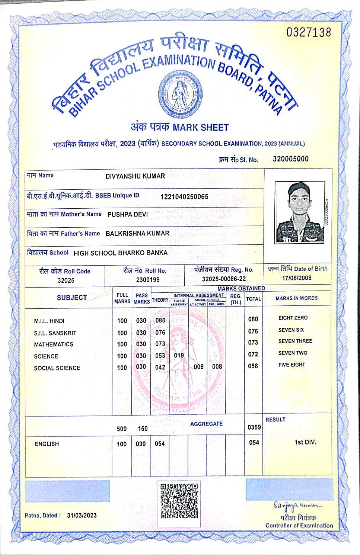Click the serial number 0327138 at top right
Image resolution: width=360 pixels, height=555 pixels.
(309, 32)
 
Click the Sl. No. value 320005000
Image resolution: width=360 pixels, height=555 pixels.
(290, 159)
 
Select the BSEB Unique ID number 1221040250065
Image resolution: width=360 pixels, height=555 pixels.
(184, 197)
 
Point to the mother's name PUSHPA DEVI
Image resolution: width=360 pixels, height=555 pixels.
(128, 215)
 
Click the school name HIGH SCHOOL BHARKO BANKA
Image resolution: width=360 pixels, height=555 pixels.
(120, 253)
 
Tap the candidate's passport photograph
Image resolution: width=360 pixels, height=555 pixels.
(300, 212)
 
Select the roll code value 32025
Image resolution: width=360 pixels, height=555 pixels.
(66, 280)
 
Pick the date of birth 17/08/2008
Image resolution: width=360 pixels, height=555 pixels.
(297, 278)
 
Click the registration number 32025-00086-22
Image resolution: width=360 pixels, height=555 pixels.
(224, 279)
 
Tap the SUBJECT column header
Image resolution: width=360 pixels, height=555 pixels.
(71, 298)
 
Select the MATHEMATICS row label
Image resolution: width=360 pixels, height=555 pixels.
(54, 344)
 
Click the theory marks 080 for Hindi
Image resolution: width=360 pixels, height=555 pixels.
(160, 320)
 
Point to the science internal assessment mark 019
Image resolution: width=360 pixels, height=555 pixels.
(179, 355)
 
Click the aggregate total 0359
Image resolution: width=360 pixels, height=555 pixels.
(254, 427)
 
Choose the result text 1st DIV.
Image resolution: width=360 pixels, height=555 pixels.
(305, 442)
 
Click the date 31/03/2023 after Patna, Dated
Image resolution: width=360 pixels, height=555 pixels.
(82, 515)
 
